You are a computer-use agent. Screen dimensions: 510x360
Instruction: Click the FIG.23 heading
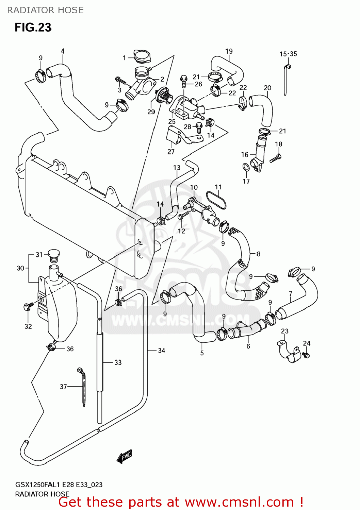tap(33, 27)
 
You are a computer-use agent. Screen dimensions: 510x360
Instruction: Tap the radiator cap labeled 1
tap(142, 56)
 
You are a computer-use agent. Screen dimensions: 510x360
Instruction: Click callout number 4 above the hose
tap(63, 51)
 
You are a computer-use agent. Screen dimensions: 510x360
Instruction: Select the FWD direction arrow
tap(125, 456)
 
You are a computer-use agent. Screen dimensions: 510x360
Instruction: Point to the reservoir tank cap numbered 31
tap(54, 255)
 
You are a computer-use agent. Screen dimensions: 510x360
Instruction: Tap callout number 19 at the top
tap(229, 51)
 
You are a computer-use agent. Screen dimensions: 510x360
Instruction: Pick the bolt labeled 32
tap(27, 306)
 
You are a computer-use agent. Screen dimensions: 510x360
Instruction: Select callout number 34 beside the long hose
tap(161, 350)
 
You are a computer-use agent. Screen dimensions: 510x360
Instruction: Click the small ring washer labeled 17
tap(245, 167)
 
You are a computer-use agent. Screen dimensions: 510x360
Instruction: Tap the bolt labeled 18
tap(275, 158)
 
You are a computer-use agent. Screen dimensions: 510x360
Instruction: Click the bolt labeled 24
tap(306, 355)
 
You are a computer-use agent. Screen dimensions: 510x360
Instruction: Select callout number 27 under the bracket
tap(171, 152)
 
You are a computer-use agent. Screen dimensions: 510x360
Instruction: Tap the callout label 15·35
tap(288, 54)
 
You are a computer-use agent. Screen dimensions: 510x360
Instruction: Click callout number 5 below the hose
tap(202, 353)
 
